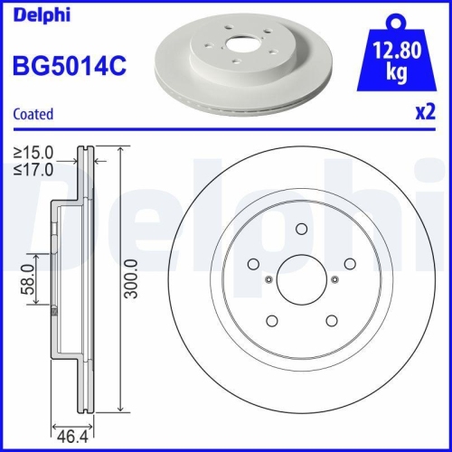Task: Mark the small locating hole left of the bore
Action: tap(268, 279)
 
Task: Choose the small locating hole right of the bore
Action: tap(333, 279)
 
